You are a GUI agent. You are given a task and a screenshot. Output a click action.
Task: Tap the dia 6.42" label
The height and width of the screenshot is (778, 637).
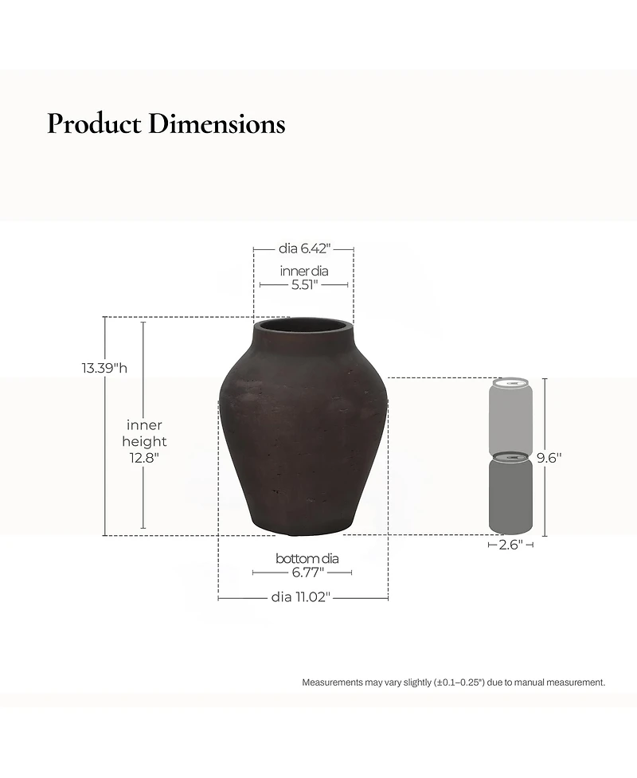click(x=304, y=248)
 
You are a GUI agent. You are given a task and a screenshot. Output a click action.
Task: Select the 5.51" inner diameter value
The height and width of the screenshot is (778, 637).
click(x=304, y=284)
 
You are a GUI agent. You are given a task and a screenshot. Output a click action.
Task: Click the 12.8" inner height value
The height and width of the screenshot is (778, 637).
click(x=145, y=458)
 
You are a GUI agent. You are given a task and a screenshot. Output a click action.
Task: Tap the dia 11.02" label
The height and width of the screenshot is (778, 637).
click(x=300, y=597)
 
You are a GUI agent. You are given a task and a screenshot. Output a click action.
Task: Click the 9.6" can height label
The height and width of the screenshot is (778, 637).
click(x=549, y=458)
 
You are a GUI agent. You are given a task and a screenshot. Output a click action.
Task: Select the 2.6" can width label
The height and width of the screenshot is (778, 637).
click(x=510, y=545)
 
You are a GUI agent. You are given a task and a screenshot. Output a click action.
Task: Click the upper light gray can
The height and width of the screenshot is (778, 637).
click(x=510, y=416)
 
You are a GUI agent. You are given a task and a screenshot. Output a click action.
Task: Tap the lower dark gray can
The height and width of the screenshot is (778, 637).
click(x=510, y=495)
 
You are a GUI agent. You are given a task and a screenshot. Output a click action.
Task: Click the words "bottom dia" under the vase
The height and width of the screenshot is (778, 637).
click(x=307, y=558)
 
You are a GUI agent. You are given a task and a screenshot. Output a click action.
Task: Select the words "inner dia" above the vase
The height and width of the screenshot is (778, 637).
click(x=303, y=271)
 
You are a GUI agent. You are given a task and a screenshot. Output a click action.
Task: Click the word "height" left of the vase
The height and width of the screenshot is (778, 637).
click(x=144, y=442)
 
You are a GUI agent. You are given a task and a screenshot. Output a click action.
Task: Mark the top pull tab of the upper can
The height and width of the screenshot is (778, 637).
click(x=510, y=383)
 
